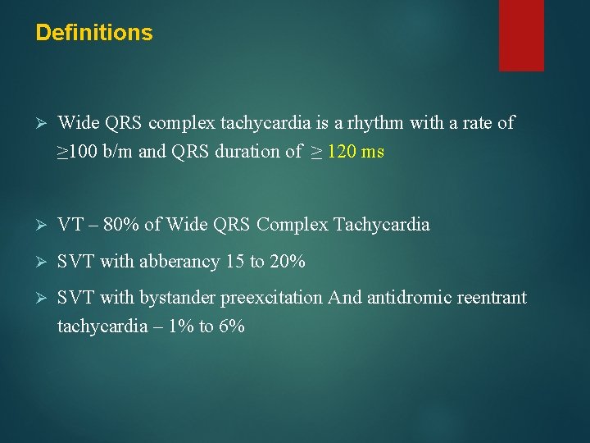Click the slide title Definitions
pos(94,33)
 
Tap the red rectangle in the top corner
pos(521,34)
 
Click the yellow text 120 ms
pos(356,152)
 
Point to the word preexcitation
pos(270,298)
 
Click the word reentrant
pos(490,298)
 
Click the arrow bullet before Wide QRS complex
pos(42,124)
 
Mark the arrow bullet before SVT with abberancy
pos(42,263)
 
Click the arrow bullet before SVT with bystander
pos(42,299)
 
